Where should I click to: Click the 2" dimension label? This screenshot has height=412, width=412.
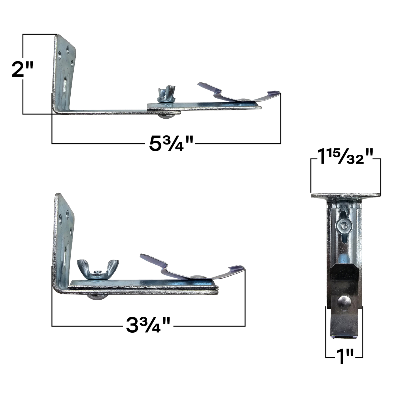point(22,69)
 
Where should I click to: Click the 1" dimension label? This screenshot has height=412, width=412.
point(344,357)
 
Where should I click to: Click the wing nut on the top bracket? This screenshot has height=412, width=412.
point(166,94)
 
